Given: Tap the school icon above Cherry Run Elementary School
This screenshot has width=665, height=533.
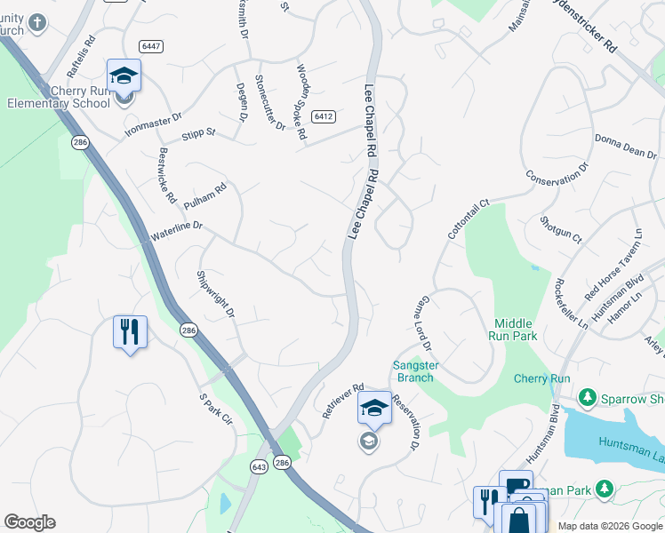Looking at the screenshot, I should (x=124, y=76).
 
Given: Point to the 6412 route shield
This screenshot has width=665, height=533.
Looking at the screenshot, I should (x=324, y=116).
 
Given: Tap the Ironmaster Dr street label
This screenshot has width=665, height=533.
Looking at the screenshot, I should (x=153, y=126).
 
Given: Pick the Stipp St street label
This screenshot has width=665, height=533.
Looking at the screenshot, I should (x=198, y=134).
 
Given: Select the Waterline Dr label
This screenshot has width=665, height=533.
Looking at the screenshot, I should (x=177, y=233).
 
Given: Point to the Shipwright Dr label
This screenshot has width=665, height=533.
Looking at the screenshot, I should (x=215, y=294).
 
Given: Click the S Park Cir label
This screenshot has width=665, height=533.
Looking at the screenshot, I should (x=215, y=413).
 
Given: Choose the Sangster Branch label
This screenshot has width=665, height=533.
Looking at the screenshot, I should (x=413, y=371).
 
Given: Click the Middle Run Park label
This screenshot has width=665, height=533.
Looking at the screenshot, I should (x=514, y=330).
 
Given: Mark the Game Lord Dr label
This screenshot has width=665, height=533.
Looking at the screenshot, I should (x=423, y=322).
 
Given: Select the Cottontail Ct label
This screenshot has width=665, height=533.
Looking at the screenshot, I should (x=469, y=222).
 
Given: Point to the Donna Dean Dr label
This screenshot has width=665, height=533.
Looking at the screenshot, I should (x=626, y=146).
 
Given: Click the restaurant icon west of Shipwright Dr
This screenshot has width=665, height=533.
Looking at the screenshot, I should (x=130, y=332).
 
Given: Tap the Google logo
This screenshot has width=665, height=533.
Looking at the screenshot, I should (x=29, y=522).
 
